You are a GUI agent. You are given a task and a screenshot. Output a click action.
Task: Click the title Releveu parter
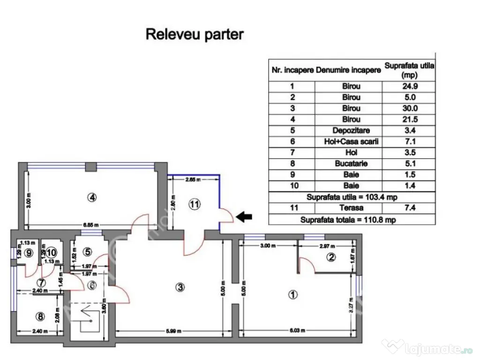[195, 34]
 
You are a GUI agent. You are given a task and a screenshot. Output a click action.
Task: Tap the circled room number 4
[92, 198]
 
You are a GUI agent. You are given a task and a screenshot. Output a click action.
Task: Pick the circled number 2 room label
[331, 257]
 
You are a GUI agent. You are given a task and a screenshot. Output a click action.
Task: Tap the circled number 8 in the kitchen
[40, 317]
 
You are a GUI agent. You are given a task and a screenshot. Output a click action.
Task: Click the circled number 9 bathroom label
[30, 253]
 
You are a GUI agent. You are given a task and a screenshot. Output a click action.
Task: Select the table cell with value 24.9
[409, 86]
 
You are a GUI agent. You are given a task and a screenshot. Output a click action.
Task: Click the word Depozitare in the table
[349, 130]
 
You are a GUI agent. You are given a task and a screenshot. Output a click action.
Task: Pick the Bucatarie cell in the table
[349, 164]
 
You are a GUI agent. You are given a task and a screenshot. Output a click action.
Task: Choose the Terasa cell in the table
[349, 208]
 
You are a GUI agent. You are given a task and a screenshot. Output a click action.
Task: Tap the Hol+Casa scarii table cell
[349, 142]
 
